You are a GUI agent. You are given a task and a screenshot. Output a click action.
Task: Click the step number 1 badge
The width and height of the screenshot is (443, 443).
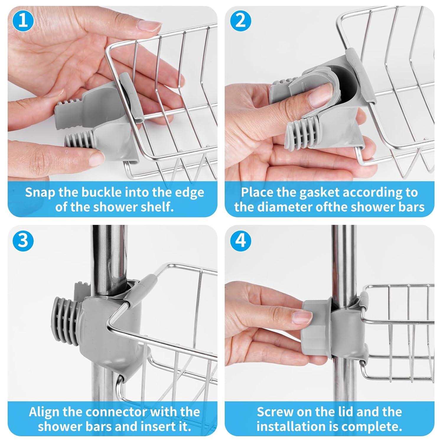click(x=23, y=21)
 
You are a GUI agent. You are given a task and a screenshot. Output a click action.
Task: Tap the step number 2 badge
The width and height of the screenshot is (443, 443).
click(x=241, y=21)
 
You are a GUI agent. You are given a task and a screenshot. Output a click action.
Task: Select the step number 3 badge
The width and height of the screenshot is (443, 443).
click(x=23, y=240)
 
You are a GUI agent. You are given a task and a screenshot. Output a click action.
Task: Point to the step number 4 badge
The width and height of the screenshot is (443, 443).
click(x=241, y=240)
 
